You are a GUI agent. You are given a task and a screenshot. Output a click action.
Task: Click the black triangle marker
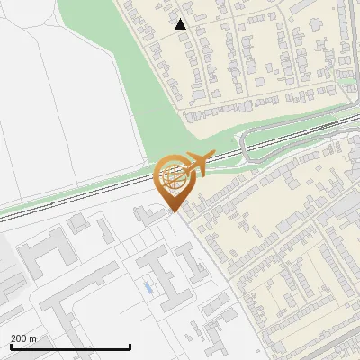[x=181, y=24]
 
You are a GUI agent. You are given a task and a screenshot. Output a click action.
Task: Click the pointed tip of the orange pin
[x=173, y=211]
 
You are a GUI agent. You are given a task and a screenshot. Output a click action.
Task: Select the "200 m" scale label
[x=23, y=337]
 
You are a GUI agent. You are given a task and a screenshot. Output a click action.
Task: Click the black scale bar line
[x=70, y=346]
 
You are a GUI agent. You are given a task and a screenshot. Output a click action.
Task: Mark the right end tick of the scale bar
[x=130, y=346]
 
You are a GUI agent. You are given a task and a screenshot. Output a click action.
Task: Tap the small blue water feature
[x=147, y=288]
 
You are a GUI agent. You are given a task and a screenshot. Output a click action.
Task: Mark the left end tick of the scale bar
[x=10, y=346]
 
